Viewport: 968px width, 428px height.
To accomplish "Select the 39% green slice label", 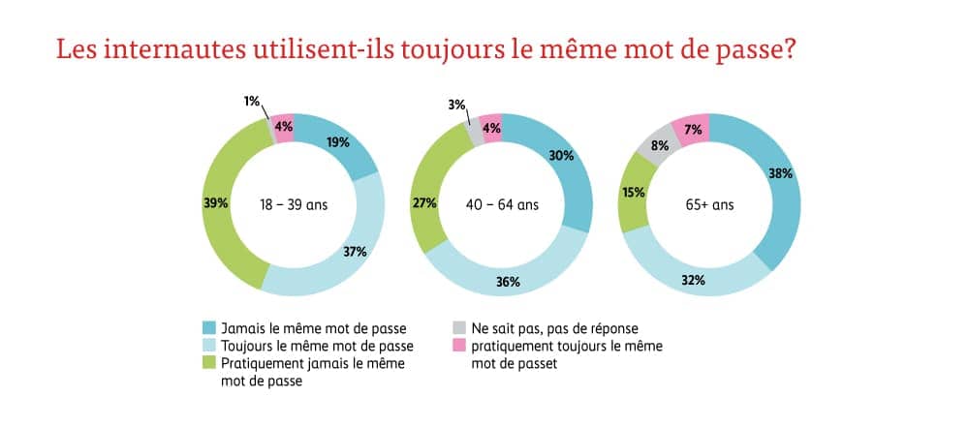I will (x=215, y=203).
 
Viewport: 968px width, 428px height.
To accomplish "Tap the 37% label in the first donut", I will (x=354, y=252).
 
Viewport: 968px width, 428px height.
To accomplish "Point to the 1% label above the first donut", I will (x=252, y=102).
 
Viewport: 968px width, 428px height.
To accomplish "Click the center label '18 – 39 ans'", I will (x=294, y=204).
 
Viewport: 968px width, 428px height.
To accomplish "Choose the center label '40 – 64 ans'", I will (x=501, y=204).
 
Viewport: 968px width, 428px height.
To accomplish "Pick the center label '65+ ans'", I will (x=709, y=204).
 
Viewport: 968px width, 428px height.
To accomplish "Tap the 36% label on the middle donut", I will (x=509, y=283).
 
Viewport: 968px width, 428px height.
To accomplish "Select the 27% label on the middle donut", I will (x=424, y=203).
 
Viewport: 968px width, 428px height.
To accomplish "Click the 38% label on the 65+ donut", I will (x=781, y=174).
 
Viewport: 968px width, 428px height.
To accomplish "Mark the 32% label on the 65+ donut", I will (x=693, y=281).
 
